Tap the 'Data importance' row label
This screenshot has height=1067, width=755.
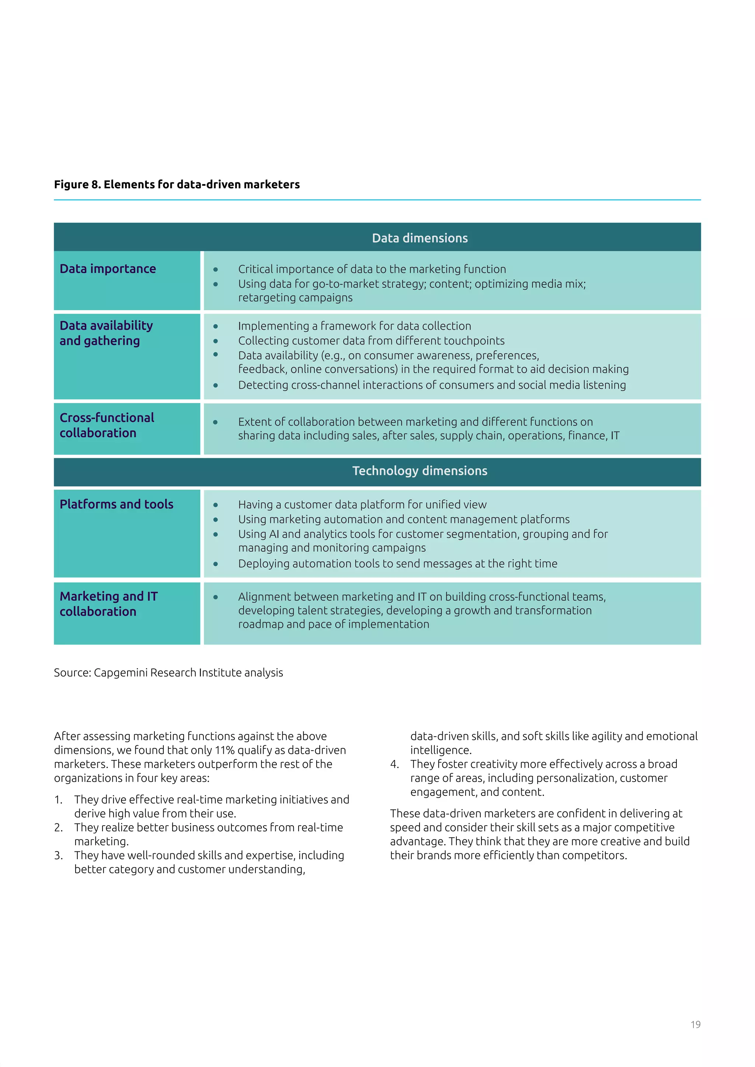click(108, 269)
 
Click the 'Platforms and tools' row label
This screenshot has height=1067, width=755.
click(116, 504)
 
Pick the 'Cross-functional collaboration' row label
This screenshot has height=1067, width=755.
click(107, 425)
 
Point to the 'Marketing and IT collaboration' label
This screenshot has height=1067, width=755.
click(109, 604)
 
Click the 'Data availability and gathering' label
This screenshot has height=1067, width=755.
click(106, 333)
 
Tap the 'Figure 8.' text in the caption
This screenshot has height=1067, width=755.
click(77, 185)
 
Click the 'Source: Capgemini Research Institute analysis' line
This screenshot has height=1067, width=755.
click(168, 672)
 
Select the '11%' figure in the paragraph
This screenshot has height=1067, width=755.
click(224, 750)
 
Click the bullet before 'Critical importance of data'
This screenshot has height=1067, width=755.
click(216, 270)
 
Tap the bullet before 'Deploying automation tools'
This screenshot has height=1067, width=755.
click(216, 564)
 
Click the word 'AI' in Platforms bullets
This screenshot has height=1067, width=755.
click(274, 534)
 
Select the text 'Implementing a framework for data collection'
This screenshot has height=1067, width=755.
click(354, 326)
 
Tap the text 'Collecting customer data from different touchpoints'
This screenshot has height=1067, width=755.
click(371, 341)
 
